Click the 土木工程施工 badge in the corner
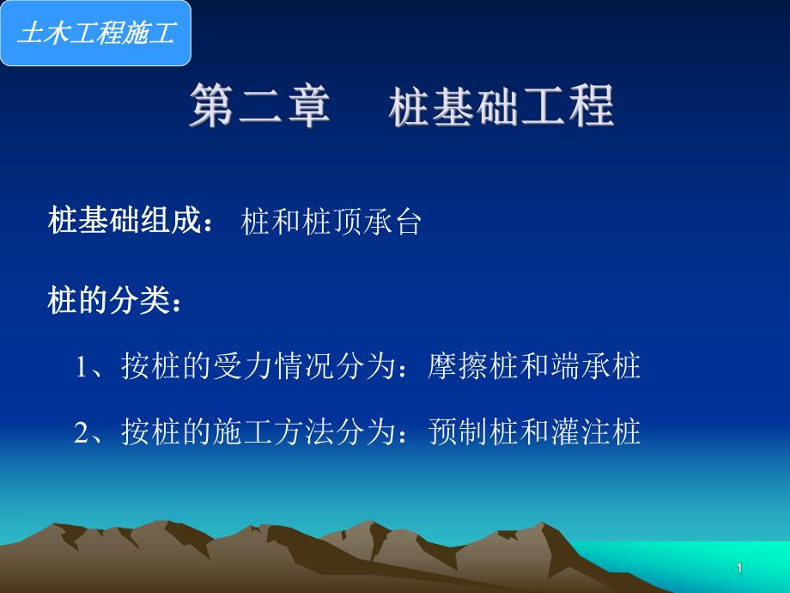95,34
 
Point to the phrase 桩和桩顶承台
331,223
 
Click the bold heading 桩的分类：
115,302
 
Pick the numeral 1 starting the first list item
83,368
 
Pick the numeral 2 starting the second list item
83,431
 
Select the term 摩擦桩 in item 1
473,368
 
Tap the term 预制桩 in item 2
473,431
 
